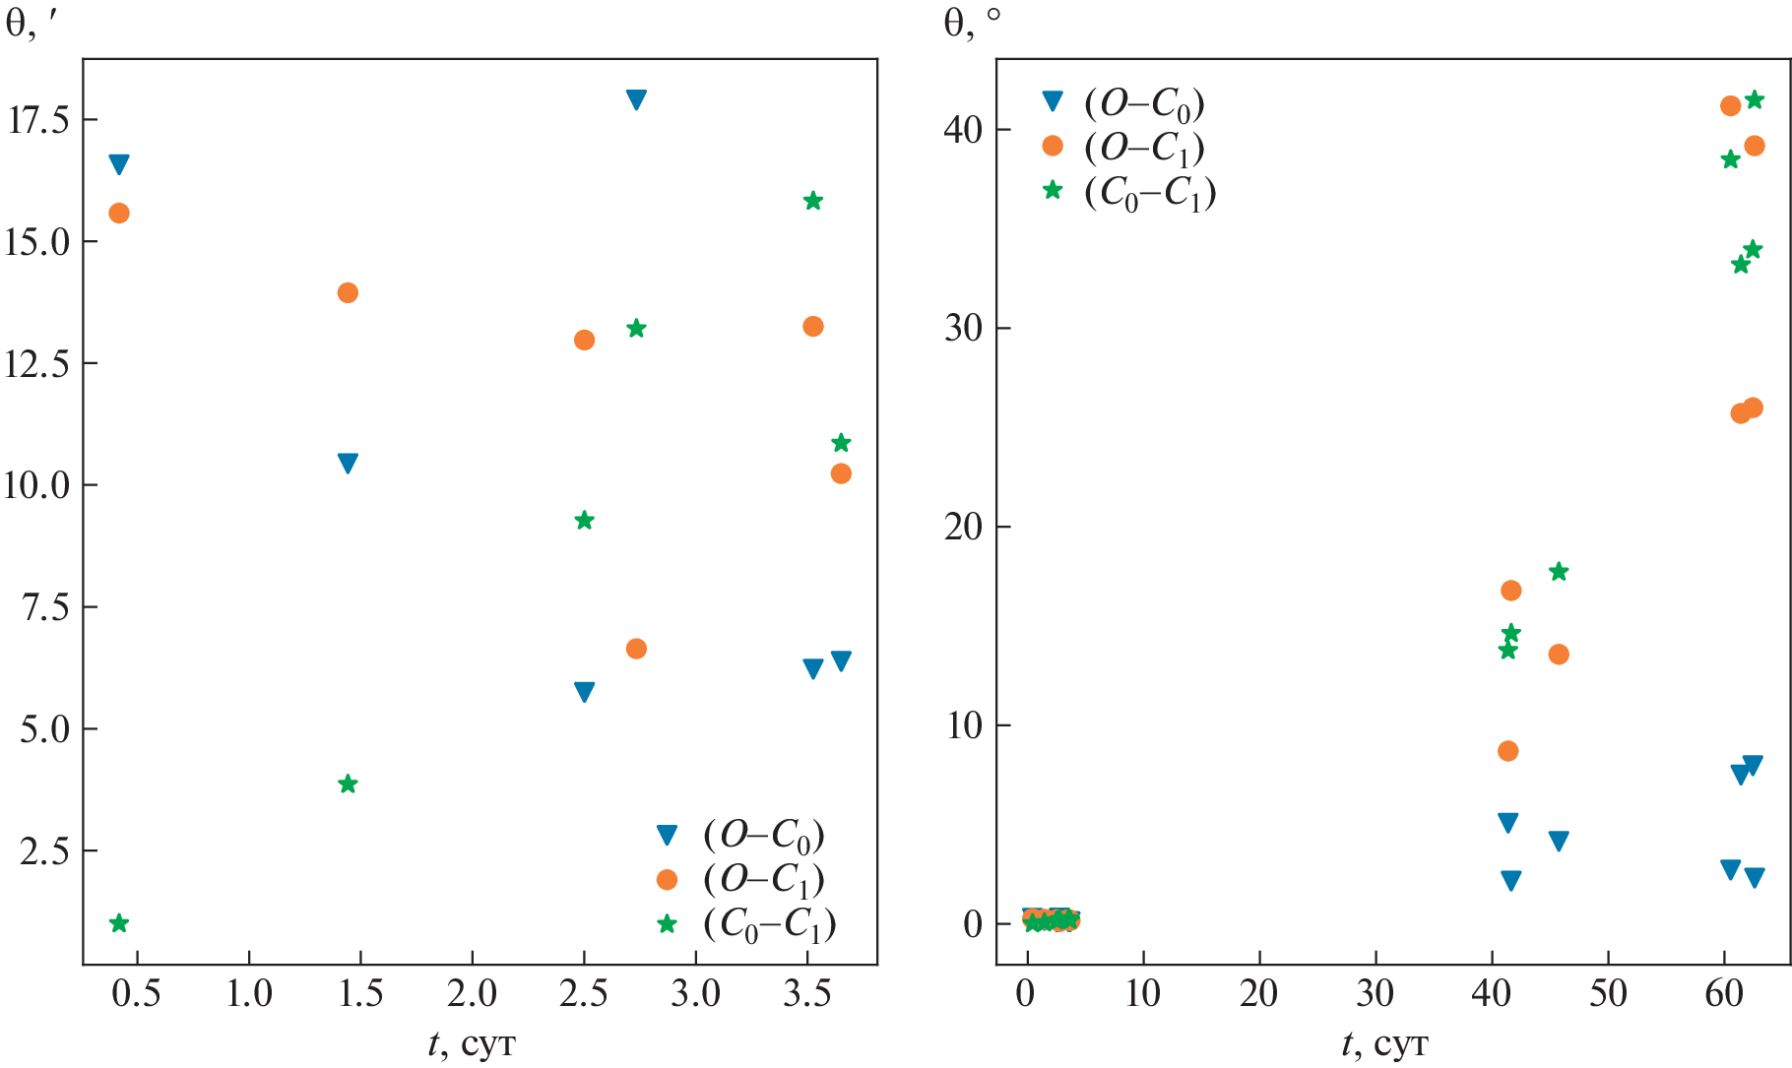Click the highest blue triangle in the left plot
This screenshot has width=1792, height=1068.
click(x=636, y=99)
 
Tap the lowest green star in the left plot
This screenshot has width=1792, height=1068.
click(x=119, y=923)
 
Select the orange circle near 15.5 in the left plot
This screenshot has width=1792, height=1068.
click(x=119, y=213)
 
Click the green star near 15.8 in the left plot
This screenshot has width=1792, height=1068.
click(x=812, y=201)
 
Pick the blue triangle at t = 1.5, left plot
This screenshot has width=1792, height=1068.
click(x=348, y=464)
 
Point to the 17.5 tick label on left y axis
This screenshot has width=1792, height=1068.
click(x=39, y=120)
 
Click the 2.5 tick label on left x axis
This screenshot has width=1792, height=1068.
click(x=584, y=995)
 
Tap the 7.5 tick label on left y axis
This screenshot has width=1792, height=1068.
click(x=45, y=607)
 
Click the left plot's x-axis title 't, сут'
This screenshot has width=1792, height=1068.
click(x=472, y=1043)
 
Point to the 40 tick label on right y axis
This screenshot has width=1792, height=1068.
click(x=963, y=130)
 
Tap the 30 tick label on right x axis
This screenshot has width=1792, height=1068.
click(x=1376, y=995)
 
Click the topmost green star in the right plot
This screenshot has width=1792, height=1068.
click(x=1754, y=99)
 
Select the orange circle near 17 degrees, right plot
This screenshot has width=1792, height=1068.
click(x=1510, y=591)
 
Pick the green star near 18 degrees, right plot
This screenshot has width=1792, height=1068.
click(x=1559, y=572)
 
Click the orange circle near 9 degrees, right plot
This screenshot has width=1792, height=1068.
click(x=1507, y=751)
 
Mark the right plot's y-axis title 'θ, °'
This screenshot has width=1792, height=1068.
click(x=971, y=23)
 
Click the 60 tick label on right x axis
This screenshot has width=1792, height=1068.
click(x=1724, y=995)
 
